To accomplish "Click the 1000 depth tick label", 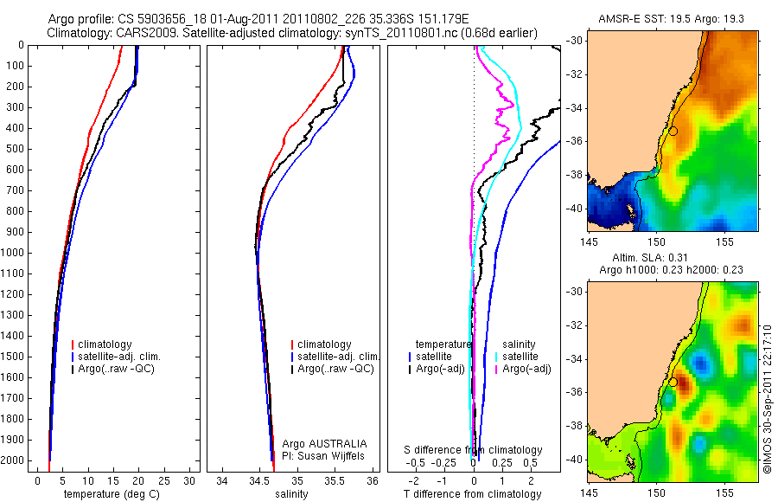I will pyautogui.click(x=14, y=253).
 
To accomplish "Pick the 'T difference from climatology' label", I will pyautogui.click(x=473, y=494).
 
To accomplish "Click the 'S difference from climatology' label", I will pyautogui.click(x=474, y=450).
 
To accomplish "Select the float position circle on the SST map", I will pyautogui.click(x=673, y=131).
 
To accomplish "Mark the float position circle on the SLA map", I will pyautogui.click(x=673, y=382).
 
